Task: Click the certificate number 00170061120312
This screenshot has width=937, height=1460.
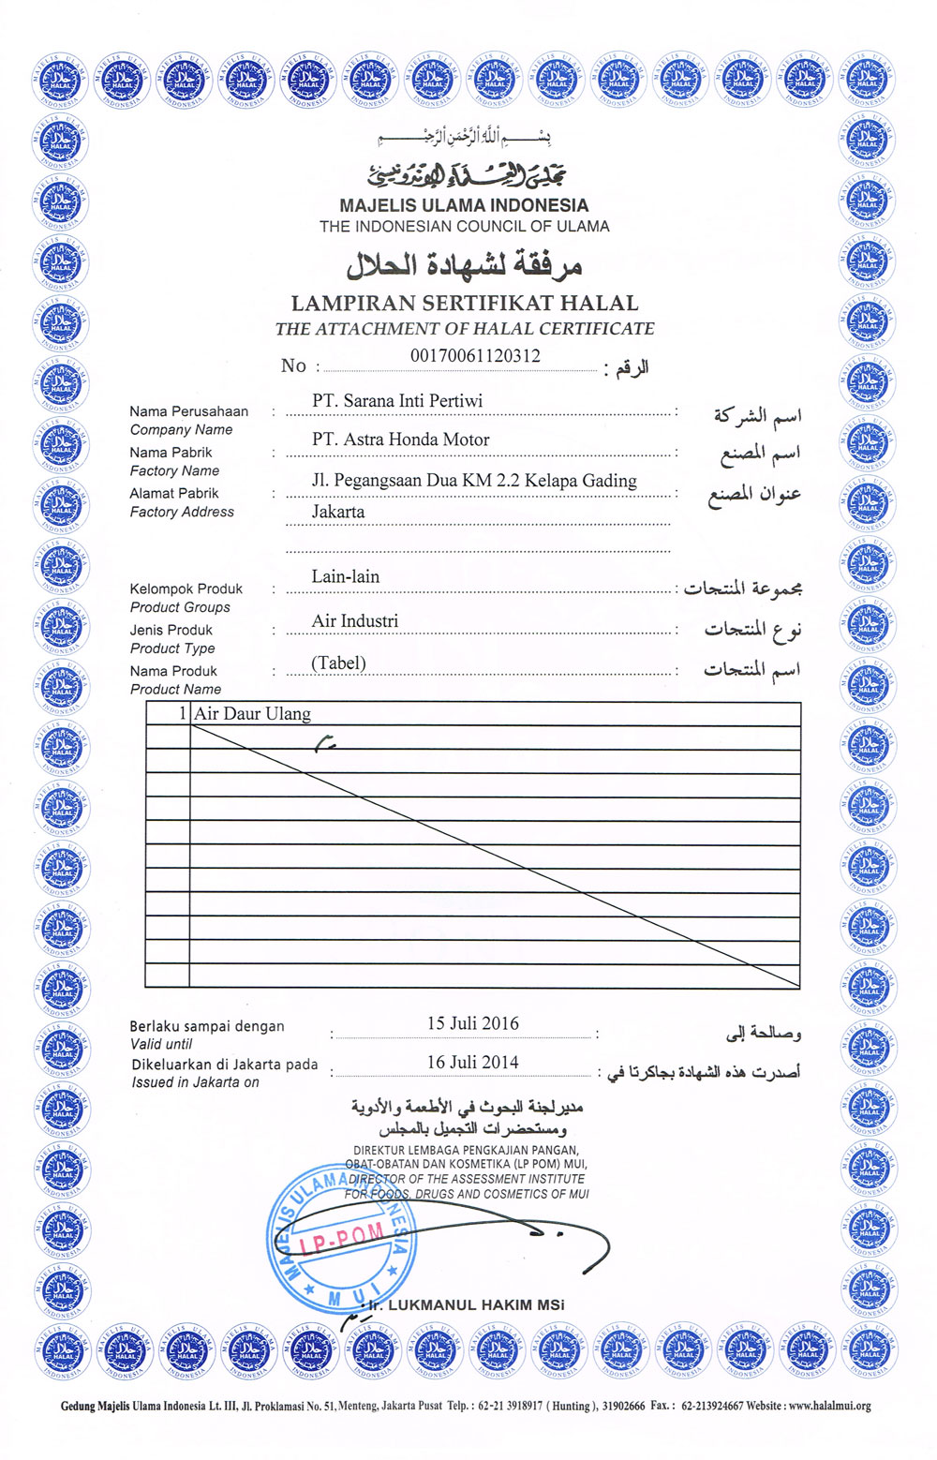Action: click(x=475, y=356)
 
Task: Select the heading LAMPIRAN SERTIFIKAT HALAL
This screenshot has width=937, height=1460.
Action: click(x=465, y=304)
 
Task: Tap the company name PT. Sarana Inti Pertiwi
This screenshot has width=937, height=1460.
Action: click(x=397, y=401)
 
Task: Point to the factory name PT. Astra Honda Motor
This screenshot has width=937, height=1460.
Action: click(x=401, y=439)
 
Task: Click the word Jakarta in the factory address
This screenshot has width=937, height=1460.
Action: click(x=338, y=512)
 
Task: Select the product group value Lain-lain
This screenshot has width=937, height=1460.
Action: click(x=346, y=576)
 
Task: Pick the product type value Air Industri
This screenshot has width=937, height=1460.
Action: click(x=355, y=621)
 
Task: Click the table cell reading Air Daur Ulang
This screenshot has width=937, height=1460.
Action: click(x=253, y=714)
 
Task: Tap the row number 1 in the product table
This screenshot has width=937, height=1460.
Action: click(x=183, y=714)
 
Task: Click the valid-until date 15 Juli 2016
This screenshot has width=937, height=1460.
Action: click(x=473, y=1023)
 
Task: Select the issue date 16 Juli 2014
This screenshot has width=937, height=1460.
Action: click(x=473, y=1062)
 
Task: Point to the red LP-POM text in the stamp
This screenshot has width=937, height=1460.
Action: click(x=342, y=1239)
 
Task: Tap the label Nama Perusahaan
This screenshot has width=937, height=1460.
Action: click(x=189, y=411)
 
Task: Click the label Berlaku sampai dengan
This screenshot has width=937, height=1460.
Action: click(x=207, y=1026)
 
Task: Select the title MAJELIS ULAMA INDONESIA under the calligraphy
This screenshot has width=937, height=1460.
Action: click(x=465, y=205)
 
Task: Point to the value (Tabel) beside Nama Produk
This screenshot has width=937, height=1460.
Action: click(x=338, y=663)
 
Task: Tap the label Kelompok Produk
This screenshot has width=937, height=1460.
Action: click(x=186, y=588)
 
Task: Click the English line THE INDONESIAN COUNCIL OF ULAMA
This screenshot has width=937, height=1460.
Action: click(x=465, y=227)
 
